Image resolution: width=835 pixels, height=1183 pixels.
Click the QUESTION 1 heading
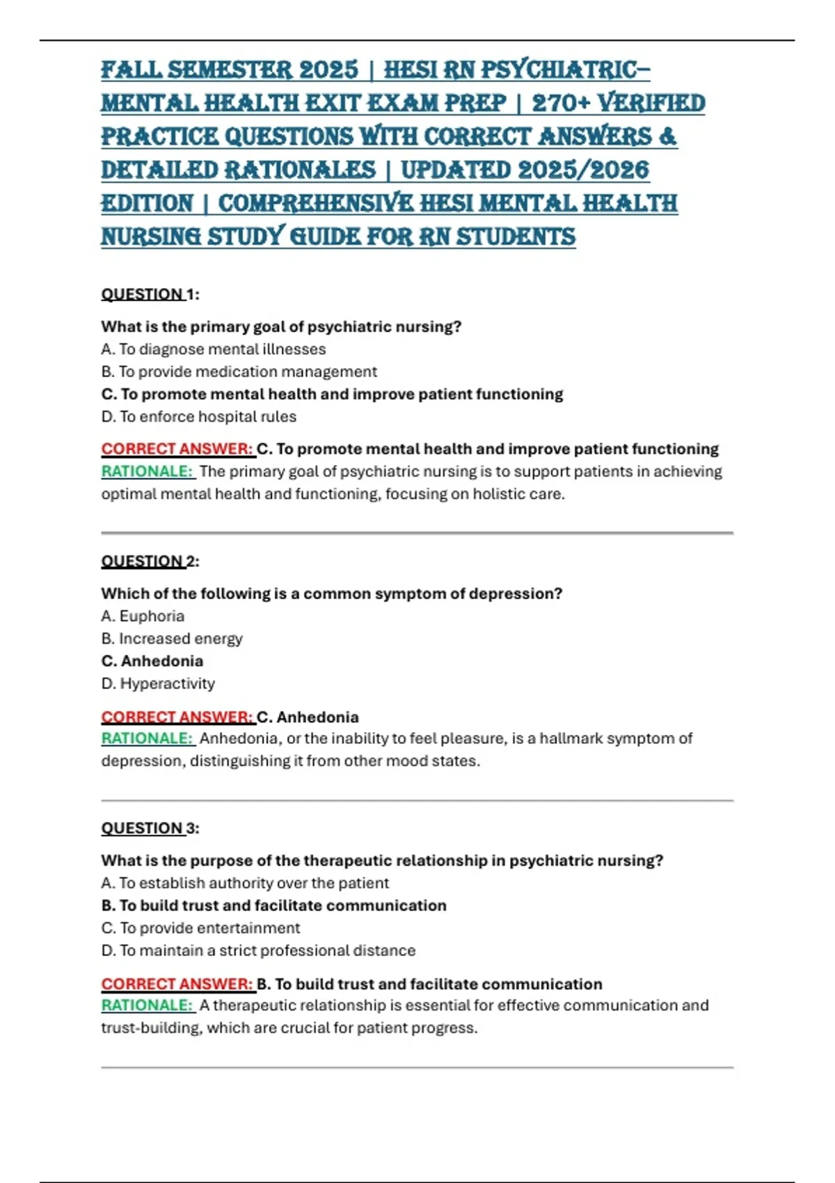tap(150, 294)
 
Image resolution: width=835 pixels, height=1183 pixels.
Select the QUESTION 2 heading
tap(150, 562)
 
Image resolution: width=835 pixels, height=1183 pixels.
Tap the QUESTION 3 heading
tap(150, 828)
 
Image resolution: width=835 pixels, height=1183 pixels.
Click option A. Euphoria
tap(143, 617)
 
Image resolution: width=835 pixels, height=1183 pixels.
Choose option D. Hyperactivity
tap(158, 684)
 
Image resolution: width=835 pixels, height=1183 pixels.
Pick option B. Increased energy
tap(172, 639)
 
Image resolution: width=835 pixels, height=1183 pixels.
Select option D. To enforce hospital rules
tap(198, 417)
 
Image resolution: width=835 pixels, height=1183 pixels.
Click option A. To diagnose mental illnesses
tap(213, 349)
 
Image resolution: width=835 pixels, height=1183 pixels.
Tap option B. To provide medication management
tap(239, 372)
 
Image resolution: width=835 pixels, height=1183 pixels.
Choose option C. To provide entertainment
tap(200, 928)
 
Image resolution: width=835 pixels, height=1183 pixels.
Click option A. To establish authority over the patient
tap(245, 883)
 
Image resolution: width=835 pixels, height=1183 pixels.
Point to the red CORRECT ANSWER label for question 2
tap(177, 717)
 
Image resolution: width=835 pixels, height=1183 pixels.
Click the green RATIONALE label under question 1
tap(147, 472)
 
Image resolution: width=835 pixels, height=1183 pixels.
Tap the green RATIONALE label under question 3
tap(147, 1006)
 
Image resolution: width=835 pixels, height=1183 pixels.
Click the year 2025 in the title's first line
tap(328, 70)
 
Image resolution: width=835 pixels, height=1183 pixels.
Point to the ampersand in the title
tap(667, 136)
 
